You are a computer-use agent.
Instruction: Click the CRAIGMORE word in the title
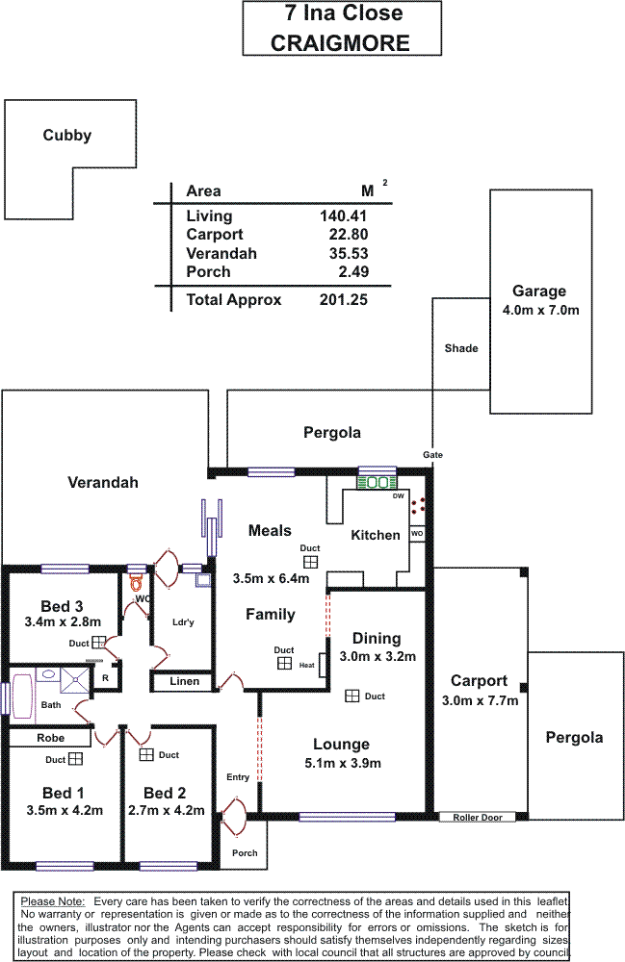341,43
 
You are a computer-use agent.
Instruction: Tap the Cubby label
67,136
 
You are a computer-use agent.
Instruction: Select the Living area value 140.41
344,216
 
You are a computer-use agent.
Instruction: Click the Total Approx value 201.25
344,300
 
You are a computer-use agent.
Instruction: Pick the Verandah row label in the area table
221,254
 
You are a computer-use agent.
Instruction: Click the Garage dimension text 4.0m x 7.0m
539,311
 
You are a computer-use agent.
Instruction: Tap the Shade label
460,348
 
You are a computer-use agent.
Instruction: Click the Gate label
432,455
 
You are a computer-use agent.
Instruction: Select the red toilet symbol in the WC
136,581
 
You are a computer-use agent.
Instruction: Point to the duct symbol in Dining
352,696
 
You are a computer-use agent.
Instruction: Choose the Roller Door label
478,818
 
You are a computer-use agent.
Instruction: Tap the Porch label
245,853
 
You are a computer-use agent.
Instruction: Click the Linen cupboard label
185,682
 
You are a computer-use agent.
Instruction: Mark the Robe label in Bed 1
51,739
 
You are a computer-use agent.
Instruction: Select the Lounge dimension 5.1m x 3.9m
341,764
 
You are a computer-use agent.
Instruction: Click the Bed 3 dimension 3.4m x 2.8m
63,622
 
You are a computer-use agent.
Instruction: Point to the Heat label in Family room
307,666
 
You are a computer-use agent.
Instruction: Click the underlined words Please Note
53,900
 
